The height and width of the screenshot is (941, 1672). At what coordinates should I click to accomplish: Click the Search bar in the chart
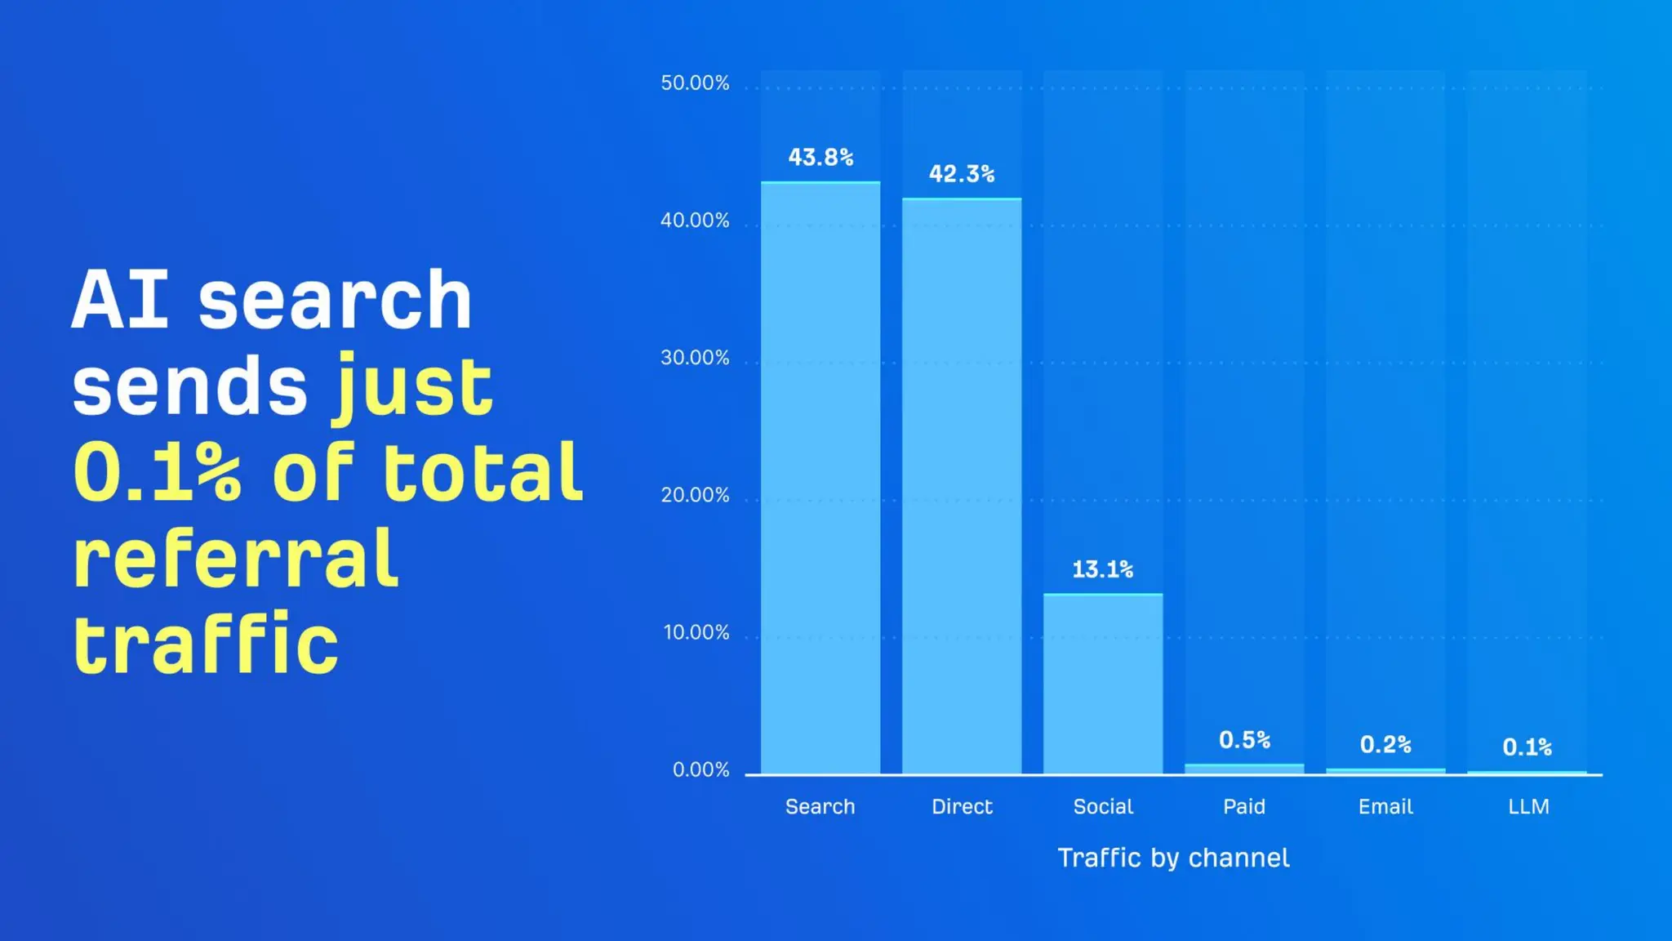click(x=820, y=478)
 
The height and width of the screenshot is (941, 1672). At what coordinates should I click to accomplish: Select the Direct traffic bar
click(x=962, y=486)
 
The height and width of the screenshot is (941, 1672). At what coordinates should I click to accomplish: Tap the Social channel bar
click(x=1103, y=684)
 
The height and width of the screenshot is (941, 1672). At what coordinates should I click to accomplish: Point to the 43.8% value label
click(x=820, y=157)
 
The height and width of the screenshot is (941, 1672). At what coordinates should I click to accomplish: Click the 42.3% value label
click(x=962, y=174)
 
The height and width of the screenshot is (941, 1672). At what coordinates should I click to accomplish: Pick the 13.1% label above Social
click(x=1103, y=569)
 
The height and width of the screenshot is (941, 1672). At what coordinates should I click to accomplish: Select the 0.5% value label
click(x=1244, y=740)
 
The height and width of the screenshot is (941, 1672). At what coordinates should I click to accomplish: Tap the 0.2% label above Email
click(x=1385, y=744)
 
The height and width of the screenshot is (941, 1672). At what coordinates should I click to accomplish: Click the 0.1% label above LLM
click(x=1527, y=747)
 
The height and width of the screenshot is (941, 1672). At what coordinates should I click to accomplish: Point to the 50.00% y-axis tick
click(x=695, y=83)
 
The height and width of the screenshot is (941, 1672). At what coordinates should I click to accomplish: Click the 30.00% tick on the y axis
click(x=695, y=358)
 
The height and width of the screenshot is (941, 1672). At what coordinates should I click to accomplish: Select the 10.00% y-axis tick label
click(x=696, y=632)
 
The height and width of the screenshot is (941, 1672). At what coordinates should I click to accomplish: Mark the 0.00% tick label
click(x=700, y=769)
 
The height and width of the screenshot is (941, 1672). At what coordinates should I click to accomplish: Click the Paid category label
click(x=1244, y=807)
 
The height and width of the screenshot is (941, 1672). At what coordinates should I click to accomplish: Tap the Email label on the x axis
click(x=1385, y=807)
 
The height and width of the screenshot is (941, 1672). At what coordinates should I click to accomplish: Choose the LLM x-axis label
click(x=1528, y=807)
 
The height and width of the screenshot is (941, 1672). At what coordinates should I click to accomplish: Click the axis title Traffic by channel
click(x=1173, y=858)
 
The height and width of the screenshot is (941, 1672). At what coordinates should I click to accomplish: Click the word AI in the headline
click(x=120, y=300)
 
